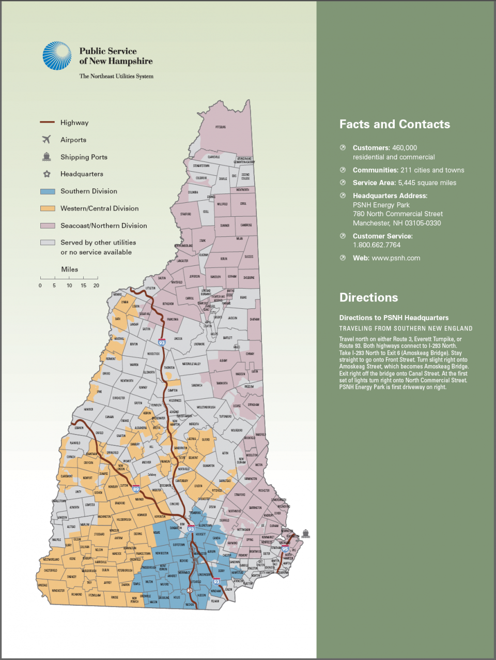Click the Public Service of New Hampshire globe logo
pos(57,56)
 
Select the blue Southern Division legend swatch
pos(48,191)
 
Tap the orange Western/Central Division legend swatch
pos(48,208)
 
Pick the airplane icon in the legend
pos(47,140)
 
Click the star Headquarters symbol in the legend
pos(47,174)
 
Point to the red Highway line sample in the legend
pos(47,123)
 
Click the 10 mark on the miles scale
pos(69,286)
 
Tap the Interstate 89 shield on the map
pos(136,489)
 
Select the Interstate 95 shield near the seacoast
pos(285,549)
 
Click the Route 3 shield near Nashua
pos(190,590)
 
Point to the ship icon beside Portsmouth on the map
pos(306,533)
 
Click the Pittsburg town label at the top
pos(221,127)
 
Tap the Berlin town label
pos(224,259)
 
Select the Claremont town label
pos(67,476)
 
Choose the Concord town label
pos(175,504)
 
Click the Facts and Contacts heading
pos(394,124)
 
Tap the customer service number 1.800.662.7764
pos(377,245)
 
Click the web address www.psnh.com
pos(396,258)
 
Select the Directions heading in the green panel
pos(368,297)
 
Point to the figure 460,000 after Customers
pos(405,148)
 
